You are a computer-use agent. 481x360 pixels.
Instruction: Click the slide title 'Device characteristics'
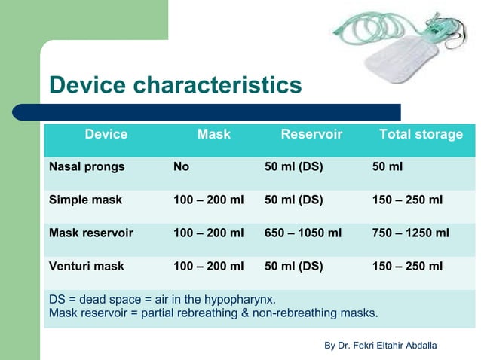coord(175,85)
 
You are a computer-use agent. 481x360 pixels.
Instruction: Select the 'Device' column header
coord(106,135)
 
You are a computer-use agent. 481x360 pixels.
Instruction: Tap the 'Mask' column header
coord(213,135)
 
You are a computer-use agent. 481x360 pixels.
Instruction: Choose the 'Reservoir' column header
coord(311,135)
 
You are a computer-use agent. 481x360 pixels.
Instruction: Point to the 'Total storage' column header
coord(421,135)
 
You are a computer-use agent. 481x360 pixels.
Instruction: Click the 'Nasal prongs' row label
coord(87,167)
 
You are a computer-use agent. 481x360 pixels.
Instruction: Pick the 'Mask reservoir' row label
coord(91,233)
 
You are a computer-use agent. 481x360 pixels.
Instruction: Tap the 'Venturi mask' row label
coord(87,267)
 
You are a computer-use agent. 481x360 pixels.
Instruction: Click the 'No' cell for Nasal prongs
coord(181,167)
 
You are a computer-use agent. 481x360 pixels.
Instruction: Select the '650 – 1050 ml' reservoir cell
coord(303,233)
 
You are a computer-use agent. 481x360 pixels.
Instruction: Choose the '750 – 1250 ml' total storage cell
coord(411,233)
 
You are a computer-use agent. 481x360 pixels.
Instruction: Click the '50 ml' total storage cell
coord(388,167)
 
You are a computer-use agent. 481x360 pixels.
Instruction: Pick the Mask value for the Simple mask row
coord(209,200)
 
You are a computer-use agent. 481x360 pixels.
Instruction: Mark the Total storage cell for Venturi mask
coord(407,267)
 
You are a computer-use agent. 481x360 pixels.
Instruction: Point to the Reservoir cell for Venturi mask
coord(293,267)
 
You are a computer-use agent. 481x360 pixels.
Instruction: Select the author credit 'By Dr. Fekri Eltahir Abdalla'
coord(380,345)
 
